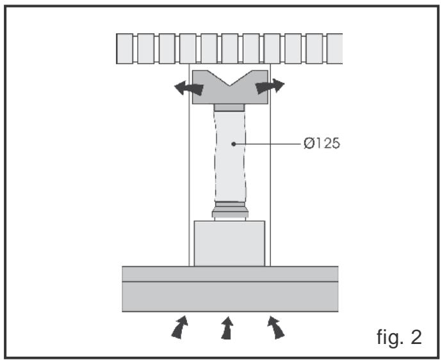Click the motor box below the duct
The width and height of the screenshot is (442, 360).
click(x=229, y=243)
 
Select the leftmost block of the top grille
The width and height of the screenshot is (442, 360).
click(x=124, y=49)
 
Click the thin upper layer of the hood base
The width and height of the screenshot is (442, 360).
click(x=230, y=274)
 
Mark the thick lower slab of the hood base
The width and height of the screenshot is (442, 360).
click(x=230, y=297)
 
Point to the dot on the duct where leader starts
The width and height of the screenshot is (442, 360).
click(x=235, y=144)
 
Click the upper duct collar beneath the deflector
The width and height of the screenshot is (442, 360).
click(x=229, y=106)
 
